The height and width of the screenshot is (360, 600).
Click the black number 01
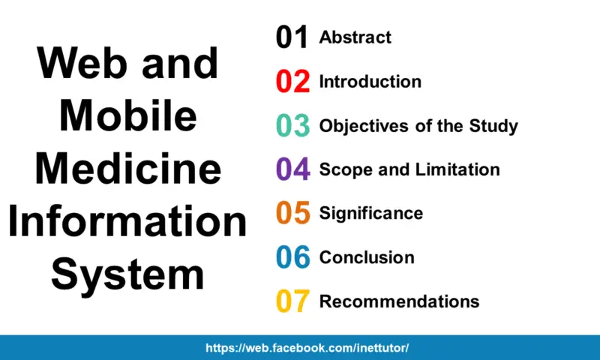pos(292,37)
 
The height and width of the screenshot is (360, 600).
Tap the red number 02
pos(292,81)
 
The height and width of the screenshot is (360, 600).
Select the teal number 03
pos(292,125)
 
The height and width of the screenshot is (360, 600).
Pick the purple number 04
pos(292,169)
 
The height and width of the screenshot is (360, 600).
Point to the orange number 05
pos(292,213)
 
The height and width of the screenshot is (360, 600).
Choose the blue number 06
pos(292,257)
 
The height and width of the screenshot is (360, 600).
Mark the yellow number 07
pos(292,301)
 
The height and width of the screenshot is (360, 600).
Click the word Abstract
pos(355,37)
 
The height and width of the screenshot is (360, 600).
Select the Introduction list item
pos(370,81)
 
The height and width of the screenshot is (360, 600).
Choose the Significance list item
pos(370,213)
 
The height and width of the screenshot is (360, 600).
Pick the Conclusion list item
pos(366,257)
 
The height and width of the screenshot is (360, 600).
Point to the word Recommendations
pos(399,301)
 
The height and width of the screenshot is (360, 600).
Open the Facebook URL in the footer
pos(307,348)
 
